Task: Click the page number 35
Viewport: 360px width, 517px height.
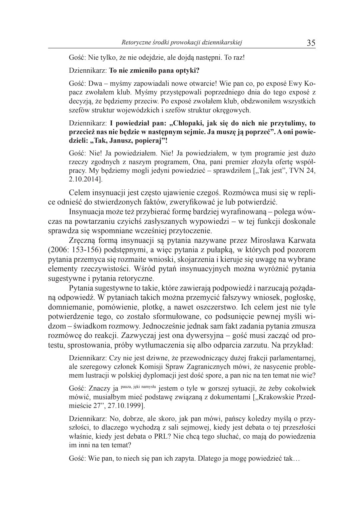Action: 311,43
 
